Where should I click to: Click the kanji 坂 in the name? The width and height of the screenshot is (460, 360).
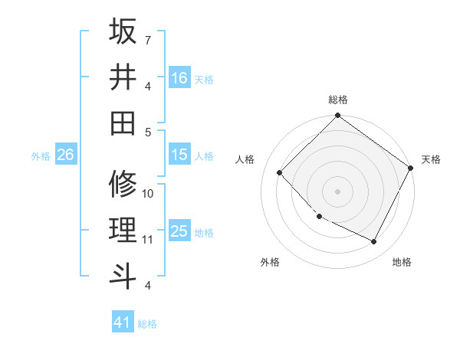(x=123, y=31)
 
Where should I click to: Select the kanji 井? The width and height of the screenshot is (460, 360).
(x=123, y=77)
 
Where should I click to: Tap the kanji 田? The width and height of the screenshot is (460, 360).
(x=123, y=122)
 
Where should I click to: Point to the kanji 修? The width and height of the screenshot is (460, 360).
(x=123, y=183)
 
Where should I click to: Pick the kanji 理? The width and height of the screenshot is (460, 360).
(x=123, y=229)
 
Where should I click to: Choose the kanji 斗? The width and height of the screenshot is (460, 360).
(x=123, y=273)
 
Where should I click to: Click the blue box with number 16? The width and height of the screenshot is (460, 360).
(x=179, y=77)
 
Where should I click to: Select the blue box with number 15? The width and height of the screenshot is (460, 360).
(x=179, y=155)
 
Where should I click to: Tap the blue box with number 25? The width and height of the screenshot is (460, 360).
(x=179, y=231)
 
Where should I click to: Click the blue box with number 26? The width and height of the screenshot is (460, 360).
(x=65, y=155)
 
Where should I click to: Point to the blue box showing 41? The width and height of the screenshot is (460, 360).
(x=123, y=322)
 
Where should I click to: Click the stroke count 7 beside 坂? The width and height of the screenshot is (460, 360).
(x=147, y=39)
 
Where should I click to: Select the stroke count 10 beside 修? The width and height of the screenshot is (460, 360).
(x=148, y=193)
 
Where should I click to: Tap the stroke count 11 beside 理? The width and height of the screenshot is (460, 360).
(x=148, y=239)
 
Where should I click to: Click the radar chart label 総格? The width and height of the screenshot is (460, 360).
(x=338, y=100)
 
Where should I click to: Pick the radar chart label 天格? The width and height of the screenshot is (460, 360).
(x=431, y=159)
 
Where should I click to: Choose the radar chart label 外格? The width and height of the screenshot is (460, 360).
(x=270, y=262)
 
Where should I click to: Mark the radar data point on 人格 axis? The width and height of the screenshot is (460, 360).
(x=280, y=173)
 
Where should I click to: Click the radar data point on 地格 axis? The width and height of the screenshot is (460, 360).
(x=374, y=242)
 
